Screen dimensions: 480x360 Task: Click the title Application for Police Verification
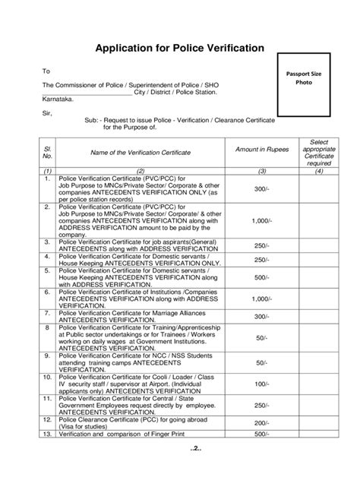coord(179,48)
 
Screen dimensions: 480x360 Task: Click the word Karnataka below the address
coord(59,99)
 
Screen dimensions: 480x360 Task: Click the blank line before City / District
coord(87,91)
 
